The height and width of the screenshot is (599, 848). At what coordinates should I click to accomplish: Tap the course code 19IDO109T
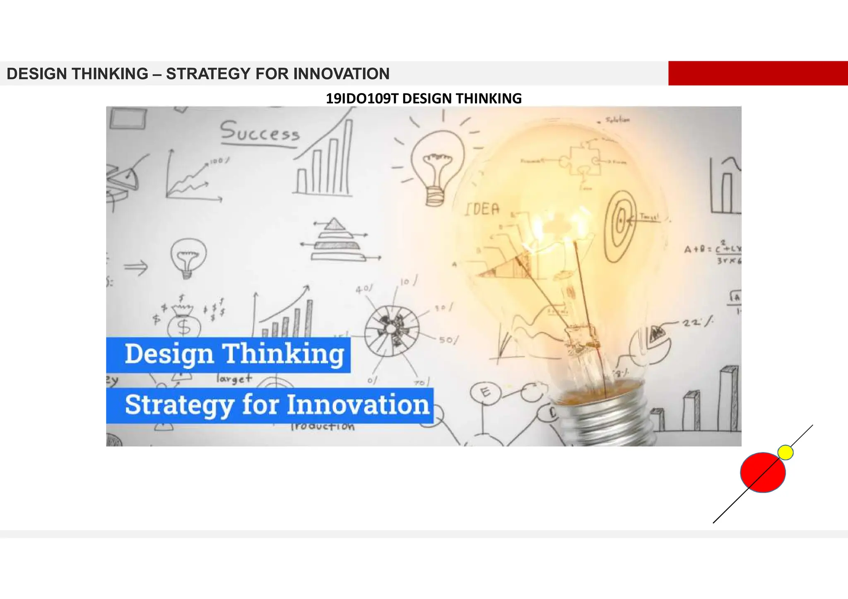pos(362,99)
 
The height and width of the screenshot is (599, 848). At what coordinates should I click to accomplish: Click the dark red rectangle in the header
pos(758,73)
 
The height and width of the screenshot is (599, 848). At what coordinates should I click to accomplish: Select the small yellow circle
pos(785,452)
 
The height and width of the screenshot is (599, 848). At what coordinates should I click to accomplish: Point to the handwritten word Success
pos(260,132)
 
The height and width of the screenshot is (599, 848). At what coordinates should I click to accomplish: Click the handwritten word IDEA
pos(482,209)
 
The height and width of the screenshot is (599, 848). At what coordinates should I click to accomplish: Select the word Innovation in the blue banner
pos(358,405)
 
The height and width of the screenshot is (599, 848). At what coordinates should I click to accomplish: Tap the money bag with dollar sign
pos(184,323)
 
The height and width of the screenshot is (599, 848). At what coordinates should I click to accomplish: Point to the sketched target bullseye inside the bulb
pos(620,224)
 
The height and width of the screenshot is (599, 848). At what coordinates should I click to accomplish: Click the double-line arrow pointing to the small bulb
pos(136,267)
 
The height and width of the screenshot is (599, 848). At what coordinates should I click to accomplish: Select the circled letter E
pos(485,392)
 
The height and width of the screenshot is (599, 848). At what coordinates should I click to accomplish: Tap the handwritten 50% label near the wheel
pos(448,340)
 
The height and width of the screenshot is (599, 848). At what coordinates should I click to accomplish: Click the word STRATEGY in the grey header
pos(209,74)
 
